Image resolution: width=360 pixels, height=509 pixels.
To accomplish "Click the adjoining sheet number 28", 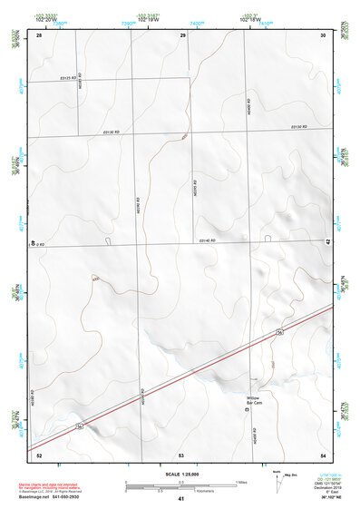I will (39, 34).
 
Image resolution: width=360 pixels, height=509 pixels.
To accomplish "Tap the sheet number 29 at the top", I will (182, 34).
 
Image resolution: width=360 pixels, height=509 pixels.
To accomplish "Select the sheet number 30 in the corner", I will (324, 34).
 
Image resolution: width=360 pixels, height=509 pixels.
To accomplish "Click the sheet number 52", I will (39, 453).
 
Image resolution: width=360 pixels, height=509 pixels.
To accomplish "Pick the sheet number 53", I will (181, 453).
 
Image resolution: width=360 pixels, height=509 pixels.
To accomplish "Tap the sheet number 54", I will (324, 453).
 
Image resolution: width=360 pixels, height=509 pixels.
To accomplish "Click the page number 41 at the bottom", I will (181, 499).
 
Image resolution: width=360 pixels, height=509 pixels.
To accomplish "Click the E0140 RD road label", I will (205, 240).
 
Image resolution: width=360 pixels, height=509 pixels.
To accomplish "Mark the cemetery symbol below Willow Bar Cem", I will (248, 411).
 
